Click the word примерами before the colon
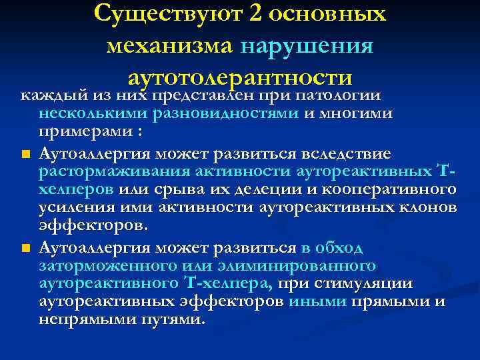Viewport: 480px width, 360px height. click(x=89, y=131)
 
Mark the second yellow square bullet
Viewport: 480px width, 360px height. click(x=25, y=249)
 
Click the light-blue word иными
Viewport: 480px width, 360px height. click(x=317, y=301)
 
